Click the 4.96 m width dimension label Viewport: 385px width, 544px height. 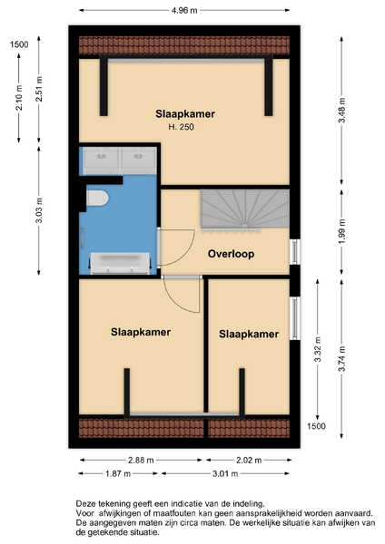pyautogui.click(x=184, y=10)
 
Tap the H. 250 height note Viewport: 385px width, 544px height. pyautogui.click(x=181, y=127)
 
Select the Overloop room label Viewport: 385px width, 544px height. pyautogui.click(x=231, y=254)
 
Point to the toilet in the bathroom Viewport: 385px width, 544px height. pyautogui.click(x=97, y=198)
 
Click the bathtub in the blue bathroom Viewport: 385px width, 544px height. pyautogui.click(x=120, y=263)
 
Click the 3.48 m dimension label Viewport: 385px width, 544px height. pyautogui.click(x=342, y=111)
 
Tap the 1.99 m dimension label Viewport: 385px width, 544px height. pyautogui.click(x=342, y=232)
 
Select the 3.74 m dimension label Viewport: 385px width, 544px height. pyautogui.click(x=342, y=359)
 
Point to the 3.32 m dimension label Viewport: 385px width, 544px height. pyautogui.click(x=317, y=349)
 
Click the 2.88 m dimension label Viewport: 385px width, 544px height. pyautogui.click(x=141, y=460)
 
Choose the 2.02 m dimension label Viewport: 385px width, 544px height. pyautogui.click(x=249, y=460)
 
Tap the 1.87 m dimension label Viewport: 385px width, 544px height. pyautogui.click(x=118, y=473)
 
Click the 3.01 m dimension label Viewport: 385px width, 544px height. pyautogui.click(x=225, y=473)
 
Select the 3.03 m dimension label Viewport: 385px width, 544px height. pyautogui.click(x=39, y=210)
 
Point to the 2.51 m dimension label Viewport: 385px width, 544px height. pyautogui.click(x=39, y=89)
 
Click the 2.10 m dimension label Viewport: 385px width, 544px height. pyautogui.click(x=19, y=98)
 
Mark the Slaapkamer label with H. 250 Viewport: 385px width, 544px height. pyautogui.click(x=185, y=114)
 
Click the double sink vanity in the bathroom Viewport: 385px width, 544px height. pyautogui.click(x=120, y=160)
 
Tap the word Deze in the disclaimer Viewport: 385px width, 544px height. pyautogui.click(x=84, y=503)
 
